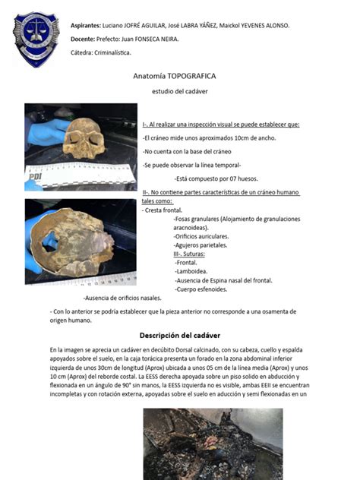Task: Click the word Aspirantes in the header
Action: (86, 25)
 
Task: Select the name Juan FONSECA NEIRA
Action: (133, 39)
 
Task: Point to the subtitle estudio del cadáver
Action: (180, 91)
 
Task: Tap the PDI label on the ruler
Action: (36, 176)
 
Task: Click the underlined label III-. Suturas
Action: (193, 254)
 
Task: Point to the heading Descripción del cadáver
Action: (179, 335)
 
